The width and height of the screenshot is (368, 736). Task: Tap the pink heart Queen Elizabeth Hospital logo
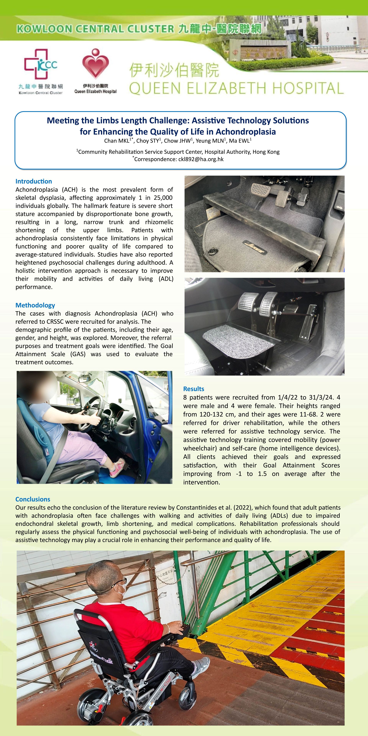coord(95,63)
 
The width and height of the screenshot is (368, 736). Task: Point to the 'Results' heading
coord(194,389)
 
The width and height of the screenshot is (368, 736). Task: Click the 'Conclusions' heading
coord(33,499)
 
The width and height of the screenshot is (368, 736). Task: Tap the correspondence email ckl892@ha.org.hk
coord(201,159)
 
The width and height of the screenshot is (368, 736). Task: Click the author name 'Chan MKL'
coord(117,140)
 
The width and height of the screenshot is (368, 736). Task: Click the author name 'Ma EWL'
coord(240,140)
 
